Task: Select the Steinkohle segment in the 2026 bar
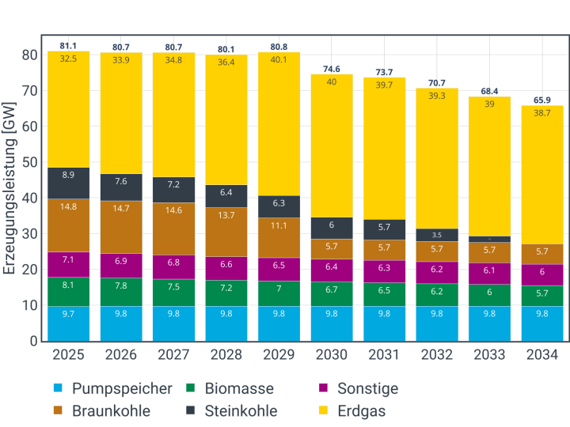click(121, 187)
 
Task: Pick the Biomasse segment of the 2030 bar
click(331, 294)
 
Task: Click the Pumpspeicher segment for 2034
click(541, 323)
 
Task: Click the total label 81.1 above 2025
click(68, 46)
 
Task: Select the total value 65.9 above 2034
click(541, 100)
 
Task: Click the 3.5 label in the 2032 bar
click(436, 235)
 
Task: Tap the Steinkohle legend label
click(241, 410)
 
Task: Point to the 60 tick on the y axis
click(30, 127)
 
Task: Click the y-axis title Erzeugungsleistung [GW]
click(10, 190)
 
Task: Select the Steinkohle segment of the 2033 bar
click(488, 239)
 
